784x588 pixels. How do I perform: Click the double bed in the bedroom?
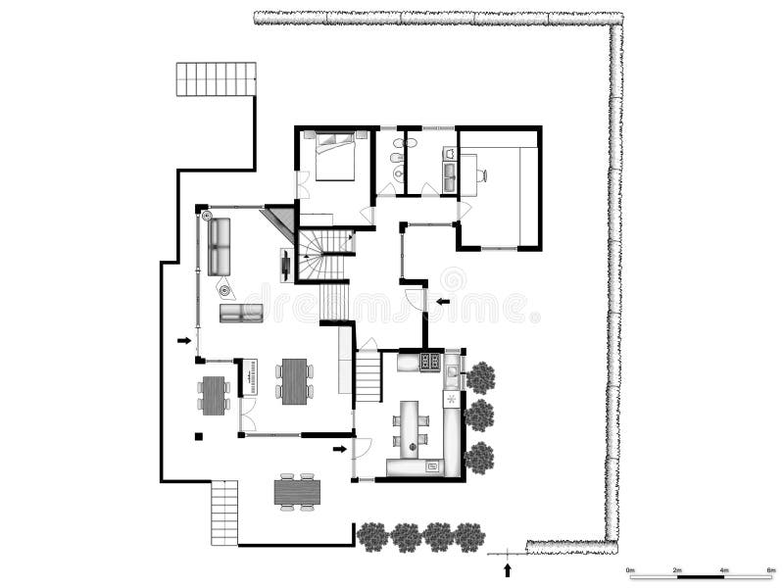point(334,157)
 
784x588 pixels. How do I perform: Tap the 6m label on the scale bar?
point(771,570)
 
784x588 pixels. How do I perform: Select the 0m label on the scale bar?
point(631,570)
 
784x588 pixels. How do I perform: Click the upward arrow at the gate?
point(507,569)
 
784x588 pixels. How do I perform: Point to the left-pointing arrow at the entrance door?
point(443,302)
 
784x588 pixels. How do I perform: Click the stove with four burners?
point(430,362)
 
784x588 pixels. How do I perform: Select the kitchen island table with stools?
point(411,426)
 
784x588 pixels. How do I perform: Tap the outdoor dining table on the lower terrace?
point(297,490)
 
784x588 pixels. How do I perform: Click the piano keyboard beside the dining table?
point(250,377)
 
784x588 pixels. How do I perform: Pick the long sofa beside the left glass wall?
point(219,246)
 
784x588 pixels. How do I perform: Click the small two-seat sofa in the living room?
point(241,313)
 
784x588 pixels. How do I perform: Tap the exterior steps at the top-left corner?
point(216,79)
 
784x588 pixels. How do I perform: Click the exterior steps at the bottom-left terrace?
point(224,512)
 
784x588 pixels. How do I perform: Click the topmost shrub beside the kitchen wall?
point(480,376)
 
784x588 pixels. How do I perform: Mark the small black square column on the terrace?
point(198,436)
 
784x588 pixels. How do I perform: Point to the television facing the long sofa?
point(285,265)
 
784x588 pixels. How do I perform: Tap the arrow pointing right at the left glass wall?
point(183,341)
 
